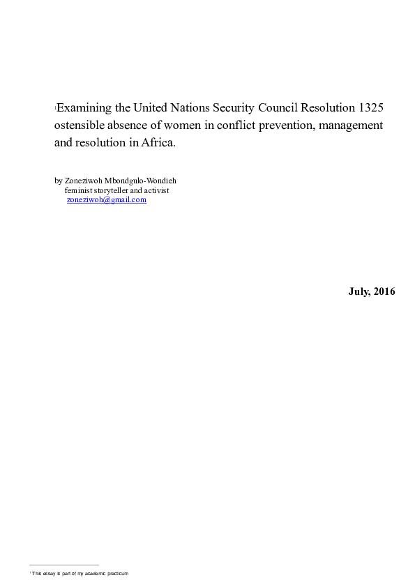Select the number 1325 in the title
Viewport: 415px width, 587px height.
pos(370,108)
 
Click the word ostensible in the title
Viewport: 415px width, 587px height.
pos(82,125)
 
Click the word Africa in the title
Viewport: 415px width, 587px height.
pos(157,143)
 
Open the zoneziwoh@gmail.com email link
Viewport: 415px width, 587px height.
pos(106,199)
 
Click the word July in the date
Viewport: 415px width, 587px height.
pos(359,291)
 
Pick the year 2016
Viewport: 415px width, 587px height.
pos(384,291)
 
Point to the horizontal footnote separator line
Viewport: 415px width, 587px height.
pos(64,565)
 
